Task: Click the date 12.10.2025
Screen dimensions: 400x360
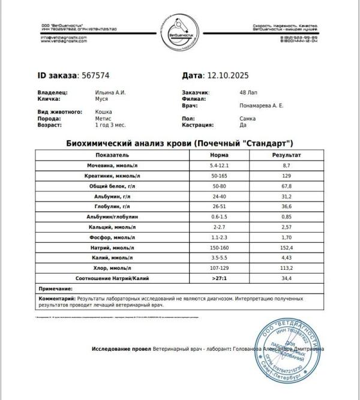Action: click(x=227, y=76)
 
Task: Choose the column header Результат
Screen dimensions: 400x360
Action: click(x=286, y=154)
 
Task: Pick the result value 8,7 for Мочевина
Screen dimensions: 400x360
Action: click(x=286, y=165)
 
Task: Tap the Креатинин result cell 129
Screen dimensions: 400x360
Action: click(x=286, y=176)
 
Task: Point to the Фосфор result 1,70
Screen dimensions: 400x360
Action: click(x=286, y=238)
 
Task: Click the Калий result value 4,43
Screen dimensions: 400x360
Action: click(x=286, y=258)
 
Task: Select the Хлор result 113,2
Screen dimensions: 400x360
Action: click(x=286, y=269)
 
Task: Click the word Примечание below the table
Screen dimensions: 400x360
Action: click(x=56, y=289)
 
